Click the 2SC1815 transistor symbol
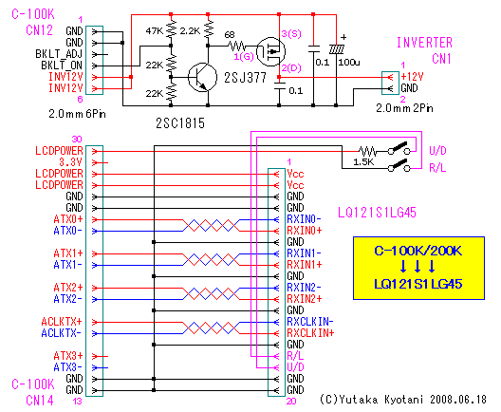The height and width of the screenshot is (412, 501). [202, 77]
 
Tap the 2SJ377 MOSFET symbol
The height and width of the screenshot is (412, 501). [271, 52]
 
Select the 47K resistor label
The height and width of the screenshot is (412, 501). [155, 31]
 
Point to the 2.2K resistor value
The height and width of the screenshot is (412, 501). [190, 31]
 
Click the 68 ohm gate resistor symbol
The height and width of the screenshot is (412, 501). [237, 46]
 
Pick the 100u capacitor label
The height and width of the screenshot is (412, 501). [349, 63]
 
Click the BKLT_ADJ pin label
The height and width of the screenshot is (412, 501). [59, 54]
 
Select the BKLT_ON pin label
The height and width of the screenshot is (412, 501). [62, 66]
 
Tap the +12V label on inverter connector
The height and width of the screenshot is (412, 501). [412, 77]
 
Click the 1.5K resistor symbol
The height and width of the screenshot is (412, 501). [367, 151]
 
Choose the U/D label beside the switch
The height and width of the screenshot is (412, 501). [437, 151]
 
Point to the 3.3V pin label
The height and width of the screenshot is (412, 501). [70, 162]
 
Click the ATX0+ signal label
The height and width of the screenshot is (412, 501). [68, 219]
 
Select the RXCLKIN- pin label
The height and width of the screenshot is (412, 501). [310, 322]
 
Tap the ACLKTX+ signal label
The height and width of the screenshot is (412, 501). [62, 322]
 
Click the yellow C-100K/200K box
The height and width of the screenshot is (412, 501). [418, 268]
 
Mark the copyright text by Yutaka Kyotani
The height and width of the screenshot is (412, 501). [403, 400]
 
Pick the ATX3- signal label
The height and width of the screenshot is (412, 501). [67, 367]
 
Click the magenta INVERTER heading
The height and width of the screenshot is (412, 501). [424, 43]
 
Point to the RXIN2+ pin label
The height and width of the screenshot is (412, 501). [305, 299]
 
